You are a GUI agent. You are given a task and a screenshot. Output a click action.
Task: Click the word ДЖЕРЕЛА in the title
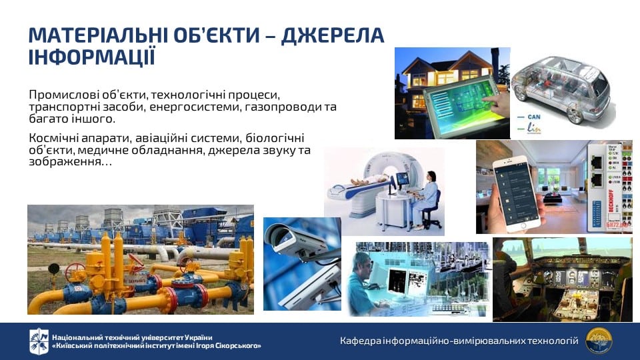pyautogui.click(x=333, y=35)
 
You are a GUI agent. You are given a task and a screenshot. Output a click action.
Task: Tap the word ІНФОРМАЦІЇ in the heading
pyautogui.click(x=92, y=57)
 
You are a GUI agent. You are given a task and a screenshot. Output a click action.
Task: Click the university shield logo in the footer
pyautogui.click(x=39, y=341)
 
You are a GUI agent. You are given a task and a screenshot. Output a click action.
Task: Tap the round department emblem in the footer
pyautogui.click(x=599, y=341)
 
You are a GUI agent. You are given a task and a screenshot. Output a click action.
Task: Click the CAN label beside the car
pyautogui.click(x=534, y=117)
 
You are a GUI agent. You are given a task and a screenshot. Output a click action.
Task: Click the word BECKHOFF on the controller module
pyautogui.click(x=611, y=203)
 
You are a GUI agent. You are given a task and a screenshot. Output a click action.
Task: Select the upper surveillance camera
pyautogui.click(x=296, y=240)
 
